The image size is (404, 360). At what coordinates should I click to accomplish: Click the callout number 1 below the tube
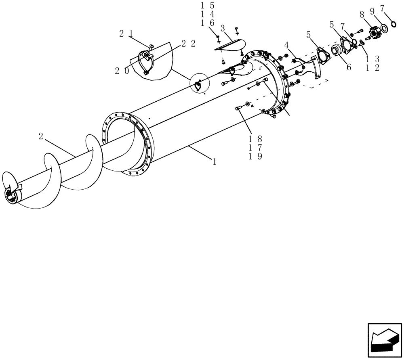click(x=215, y=161)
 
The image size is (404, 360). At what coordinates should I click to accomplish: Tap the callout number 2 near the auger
click(x=41, y=136)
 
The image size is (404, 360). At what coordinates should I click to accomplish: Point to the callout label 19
click(x=257, y=156)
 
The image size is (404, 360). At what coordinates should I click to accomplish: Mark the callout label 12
click(x=372, y=68)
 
